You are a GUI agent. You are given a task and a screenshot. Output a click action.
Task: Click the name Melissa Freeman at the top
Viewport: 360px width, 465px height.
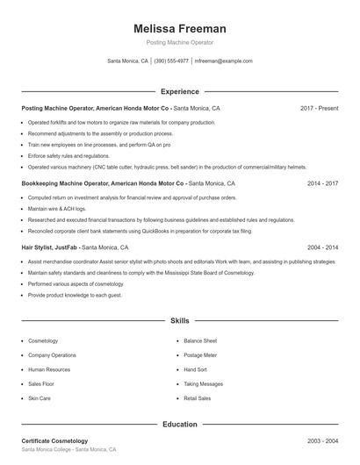pyautogui.click(x=179, y=28)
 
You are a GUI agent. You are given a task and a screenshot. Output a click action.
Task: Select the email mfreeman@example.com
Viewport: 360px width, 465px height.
pyautogui.click(x=223, y=61)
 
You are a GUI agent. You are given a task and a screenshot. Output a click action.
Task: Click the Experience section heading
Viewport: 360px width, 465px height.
pyautogui.click(x=179, y=91)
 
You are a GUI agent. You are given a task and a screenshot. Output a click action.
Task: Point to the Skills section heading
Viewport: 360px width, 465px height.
pyautogui.click(x=179, y=321)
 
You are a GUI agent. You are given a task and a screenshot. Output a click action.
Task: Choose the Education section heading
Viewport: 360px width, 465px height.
pyautogui.click(x=179, y=424)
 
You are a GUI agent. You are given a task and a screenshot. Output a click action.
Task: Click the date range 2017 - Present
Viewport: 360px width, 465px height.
pyautogui.click(x=319, y=108)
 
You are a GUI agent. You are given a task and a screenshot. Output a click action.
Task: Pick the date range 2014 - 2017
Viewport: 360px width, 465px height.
pyautogui.click(x=322, y=184)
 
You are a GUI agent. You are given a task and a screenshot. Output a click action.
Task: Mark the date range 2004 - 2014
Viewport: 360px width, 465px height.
pyautogui.click(x=322, y=247)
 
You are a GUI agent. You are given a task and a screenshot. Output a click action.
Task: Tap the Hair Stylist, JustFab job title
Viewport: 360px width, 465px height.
pyautogui.click(x=54, y=247)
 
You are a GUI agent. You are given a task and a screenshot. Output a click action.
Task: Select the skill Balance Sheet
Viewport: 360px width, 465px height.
pyautogui.click(x=200, y=340)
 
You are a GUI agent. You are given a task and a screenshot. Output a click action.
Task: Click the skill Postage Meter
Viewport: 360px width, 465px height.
pyautogui.click(x=201, y=355)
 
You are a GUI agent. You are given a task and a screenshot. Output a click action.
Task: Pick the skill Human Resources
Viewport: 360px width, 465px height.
pyautogui.click(x=48, y=369)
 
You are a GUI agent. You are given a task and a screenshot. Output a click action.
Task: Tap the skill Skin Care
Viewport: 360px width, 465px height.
pyautogui.click(x=40, y=398)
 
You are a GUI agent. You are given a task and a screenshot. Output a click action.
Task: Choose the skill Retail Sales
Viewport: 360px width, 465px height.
pyautogui.click(x=198, y=398)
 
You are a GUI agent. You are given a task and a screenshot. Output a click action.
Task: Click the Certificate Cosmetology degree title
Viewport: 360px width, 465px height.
pyautogui.click(x=54, y=440)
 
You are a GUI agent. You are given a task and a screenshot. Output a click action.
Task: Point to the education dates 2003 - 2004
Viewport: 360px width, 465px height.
pyautogui.click(x=322, y=440)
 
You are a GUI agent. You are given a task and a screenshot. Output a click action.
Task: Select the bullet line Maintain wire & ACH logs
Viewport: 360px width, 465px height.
pyautogui.click(x=57, y=209)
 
